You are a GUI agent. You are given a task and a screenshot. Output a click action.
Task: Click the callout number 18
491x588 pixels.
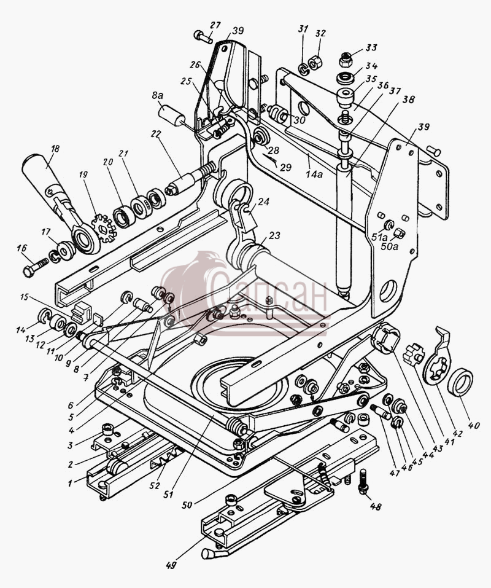(x=55, y=149)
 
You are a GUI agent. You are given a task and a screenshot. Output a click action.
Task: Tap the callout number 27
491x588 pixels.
(x=215, y=26)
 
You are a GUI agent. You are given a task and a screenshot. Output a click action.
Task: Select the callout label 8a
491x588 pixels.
(x=158, y=96)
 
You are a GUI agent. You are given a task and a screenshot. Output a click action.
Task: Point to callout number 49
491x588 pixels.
(x=171, y=565)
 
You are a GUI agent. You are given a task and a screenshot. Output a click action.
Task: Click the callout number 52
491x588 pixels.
(x=154, y=485)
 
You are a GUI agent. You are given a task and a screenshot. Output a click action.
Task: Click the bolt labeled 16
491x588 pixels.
(x=36, y=267)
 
